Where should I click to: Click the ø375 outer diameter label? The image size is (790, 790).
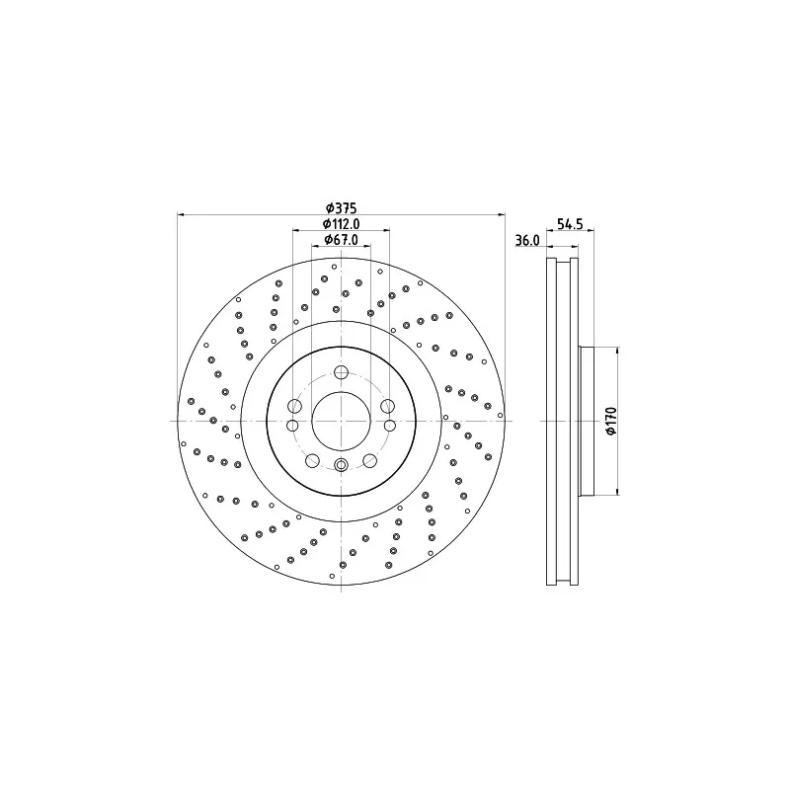point(341,207)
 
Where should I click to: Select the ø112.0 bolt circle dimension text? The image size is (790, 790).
point(341,224)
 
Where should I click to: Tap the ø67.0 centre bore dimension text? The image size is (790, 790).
point(341,240)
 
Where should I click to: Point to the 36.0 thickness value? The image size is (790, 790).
point(527,241)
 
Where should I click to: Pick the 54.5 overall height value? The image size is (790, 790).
point(570,224)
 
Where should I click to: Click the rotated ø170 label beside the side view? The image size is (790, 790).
point(610,422)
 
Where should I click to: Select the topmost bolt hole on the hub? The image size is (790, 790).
point(341,373)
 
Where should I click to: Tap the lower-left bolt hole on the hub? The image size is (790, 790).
point(312,460)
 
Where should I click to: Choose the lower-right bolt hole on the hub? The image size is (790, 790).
point(369,460)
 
